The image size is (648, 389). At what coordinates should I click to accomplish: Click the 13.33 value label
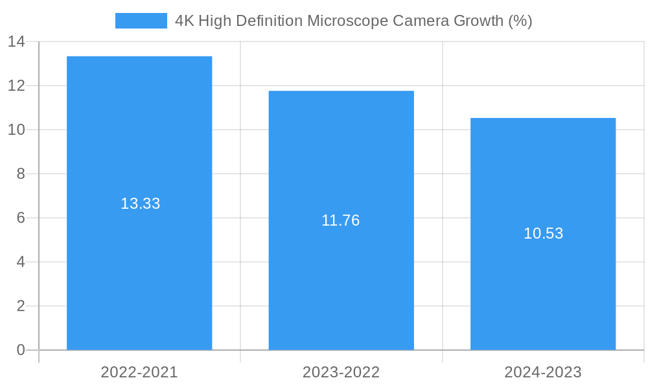[x=140, y=204]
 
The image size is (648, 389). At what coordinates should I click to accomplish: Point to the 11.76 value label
[x=341, y=220]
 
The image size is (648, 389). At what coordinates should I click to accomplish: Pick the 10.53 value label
[x=543, y=233]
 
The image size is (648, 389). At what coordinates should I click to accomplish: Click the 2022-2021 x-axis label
[x=139, y=372]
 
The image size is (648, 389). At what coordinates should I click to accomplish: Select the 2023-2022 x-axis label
[x=341, y=372]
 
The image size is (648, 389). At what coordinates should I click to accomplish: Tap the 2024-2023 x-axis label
[x=543, y=372]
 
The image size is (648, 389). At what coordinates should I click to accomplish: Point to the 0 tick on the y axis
[x=21, y=350]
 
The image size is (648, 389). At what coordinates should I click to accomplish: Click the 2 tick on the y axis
[x=21, y=306]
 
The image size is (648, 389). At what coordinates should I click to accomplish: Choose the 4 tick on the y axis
[x=21, y=262]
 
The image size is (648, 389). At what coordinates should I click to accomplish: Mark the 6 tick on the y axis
[x=21, y=218]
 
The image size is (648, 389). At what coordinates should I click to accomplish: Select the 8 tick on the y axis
[x=21, y=174]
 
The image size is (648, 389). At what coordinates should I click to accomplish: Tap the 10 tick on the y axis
[x=16, y=130]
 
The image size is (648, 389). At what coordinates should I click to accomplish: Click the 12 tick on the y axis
[x=16, y=86]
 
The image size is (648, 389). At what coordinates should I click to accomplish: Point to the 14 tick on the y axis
[x=16, y=41]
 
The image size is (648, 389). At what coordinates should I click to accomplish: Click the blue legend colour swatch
[x=141, y=21]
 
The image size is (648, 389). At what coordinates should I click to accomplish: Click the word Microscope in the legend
[x=347, y=21]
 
